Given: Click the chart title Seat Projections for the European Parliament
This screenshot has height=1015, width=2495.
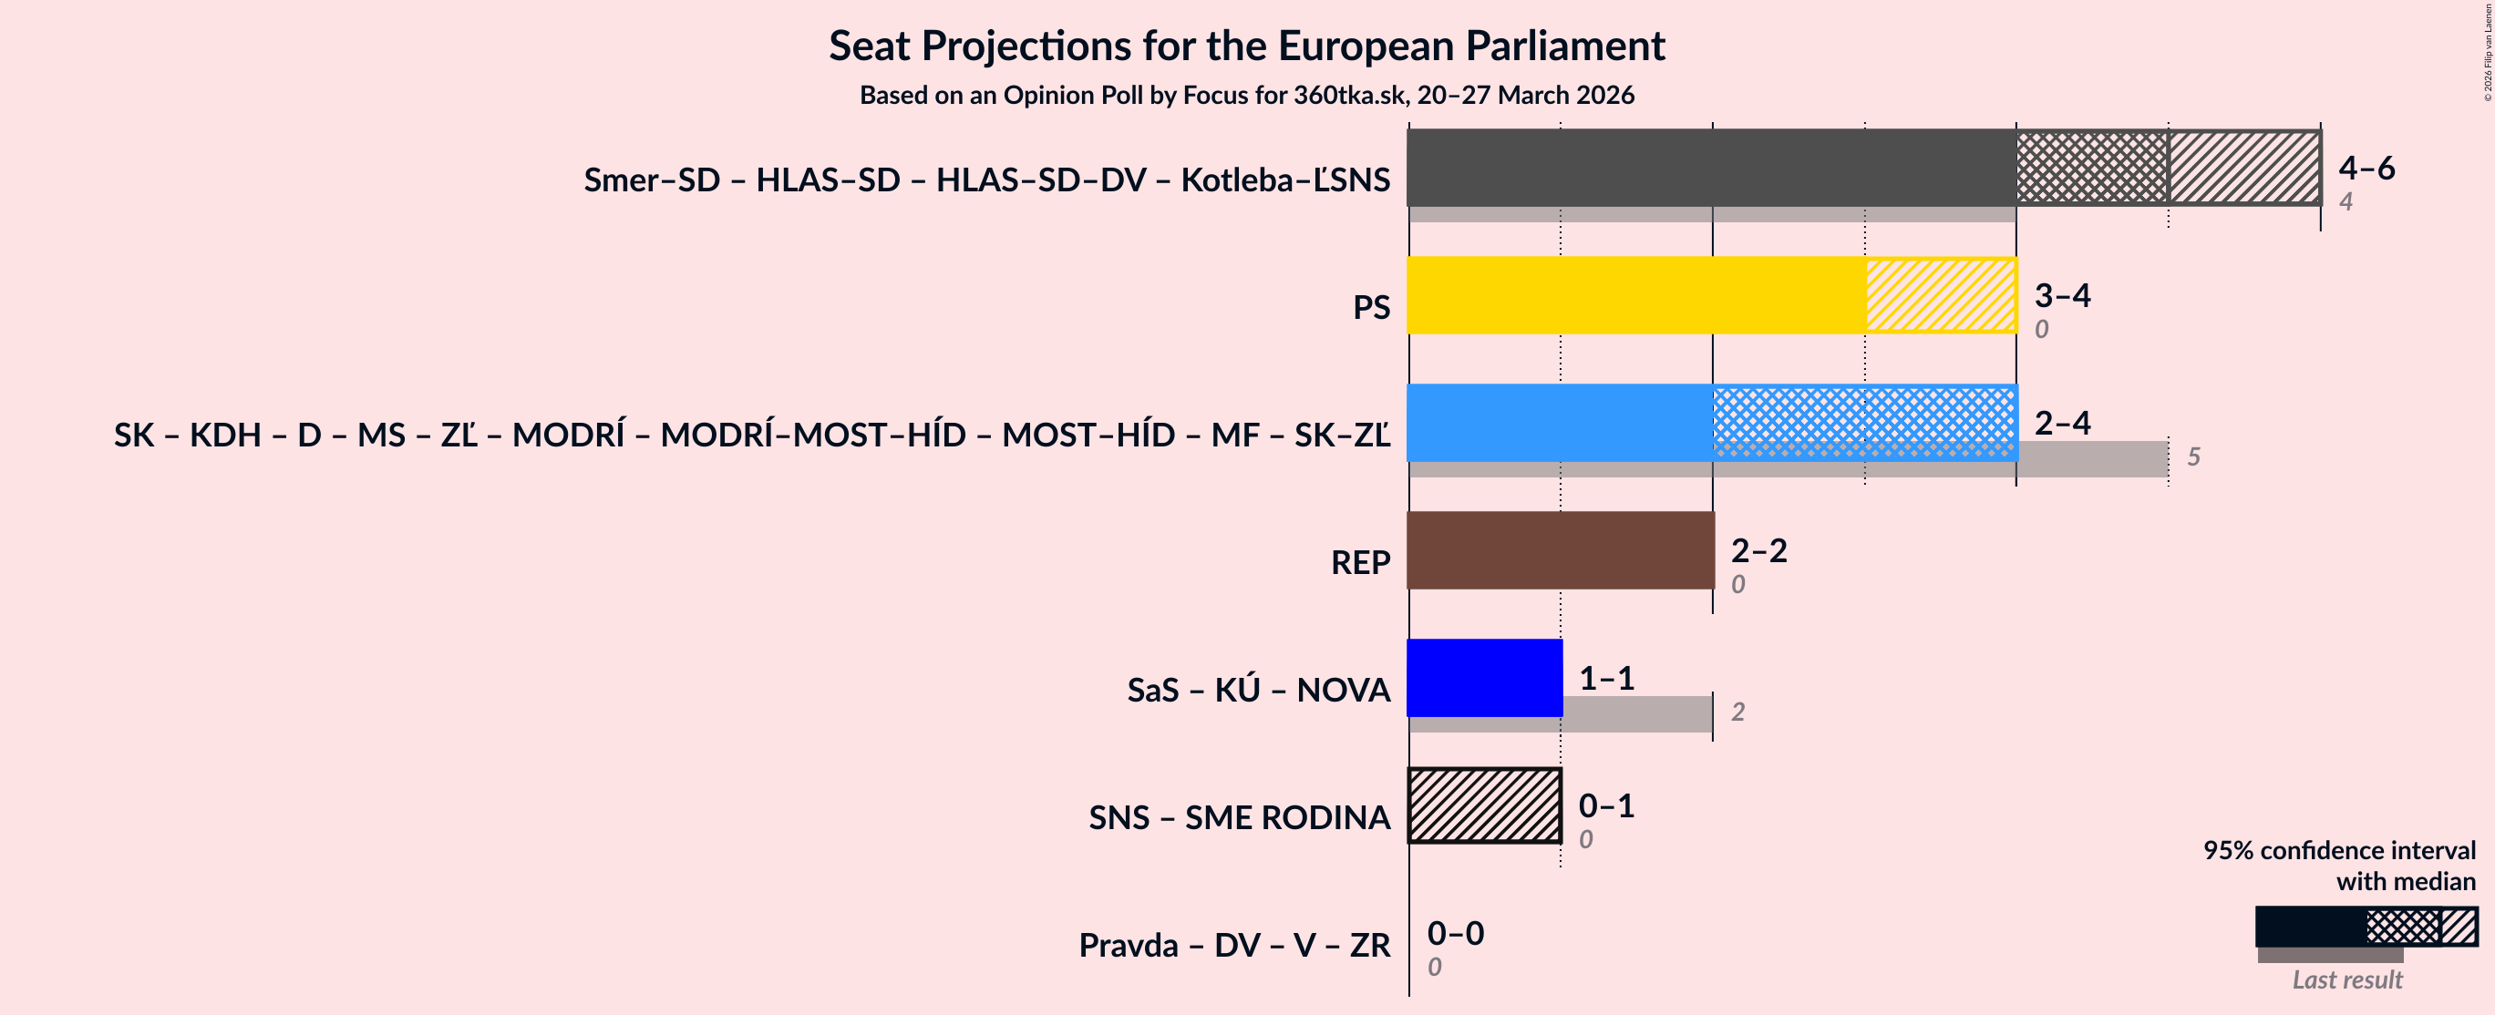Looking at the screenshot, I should pyautogui.click(x=1246, y=46).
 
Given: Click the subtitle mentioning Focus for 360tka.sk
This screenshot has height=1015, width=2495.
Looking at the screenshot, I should pyautogui.click(x=1246, y=95).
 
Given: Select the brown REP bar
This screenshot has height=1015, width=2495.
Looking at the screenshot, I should pyautogui.click(x=1560, y=550).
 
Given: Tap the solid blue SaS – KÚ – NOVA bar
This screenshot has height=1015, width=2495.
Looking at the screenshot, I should pyautogui.click(x=1484, y=678).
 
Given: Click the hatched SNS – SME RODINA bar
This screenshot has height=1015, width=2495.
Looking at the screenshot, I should pyautogui.click(x=1484, y=805).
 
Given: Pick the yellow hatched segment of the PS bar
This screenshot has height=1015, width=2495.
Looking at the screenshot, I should pyautogui.click(x=1940, y=295).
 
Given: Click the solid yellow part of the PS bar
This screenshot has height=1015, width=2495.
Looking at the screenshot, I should pyautogui.click(x=1636, y=295).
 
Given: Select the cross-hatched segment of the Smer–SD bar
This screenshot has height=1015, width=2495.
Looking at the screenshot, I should pyautogui.click(x=2091, y=168).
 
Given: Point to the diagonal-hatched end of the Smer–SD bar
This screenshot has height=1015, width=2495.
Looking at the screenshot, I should pyautogui.click(x=2243, y=168).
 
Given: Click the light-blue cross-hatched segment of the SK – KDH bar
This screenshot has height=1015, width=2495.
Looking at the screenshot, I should pyautogui.click(x=1864, y=422).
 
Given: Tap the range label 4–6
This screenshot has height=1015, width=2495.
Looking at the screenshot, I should pyautogui.click(x=2366, y=168).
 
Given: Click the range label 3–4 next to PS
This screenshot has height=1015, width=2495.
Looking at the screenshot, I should pyautogui.click(x=2062, y=294).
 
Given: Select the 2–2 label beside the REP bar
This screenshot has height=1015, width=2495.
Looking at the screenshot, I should pyautogui.click(x=1758, y=550).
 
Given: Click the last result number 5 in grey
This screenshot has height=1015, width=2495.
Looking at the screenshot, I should pyautogui.click(x=2194, y=456).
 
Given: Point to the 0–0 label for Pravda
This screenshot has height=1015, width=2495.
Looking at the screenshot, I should pyautogui.click(x=1455, y=933).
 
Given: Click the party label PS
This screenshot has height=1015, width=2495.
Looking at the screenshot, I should pyautogui.click(x=1370, y=307).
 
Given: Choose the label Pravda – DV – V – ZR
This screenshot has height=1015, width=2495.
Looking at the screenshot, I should pyautogui.click(x=1234, y=944).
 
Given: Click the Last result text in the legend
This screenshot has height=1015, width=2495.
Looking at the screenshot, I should pyautogui.click(x=2346, y=979).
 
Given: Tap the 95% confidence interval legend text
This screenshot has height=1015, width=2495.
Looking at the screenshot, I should pyautogui.click(x=2338, y=850).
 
